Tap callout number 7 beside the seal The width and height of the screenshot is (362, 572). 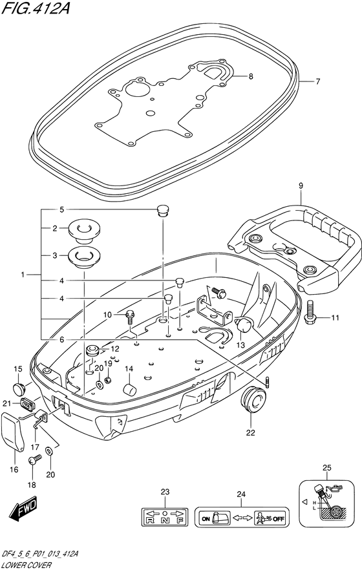click(317, 81)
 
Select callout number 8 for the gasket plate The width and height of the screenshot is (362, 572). click(251, 77)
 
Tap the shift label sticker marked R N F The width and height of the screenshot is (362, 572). click(165, 517)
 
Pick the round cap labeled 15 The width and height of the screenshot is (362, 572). click(18, 388)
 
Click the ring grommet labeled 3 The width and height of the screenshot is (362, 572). click(84, 256)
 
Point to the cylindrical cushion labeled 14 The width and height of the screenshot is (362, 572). click(129, 389)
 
